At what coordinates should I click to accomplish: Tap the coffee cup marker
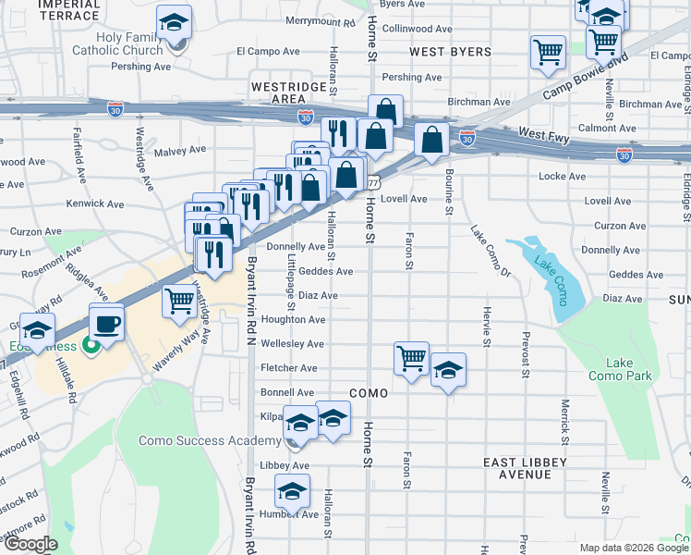105,323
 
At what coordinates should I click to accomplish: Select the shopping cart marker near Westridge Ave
179,301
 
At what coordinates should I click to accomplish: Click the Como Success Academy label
197,440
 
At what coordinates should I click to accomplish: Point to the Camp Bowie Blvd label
585,76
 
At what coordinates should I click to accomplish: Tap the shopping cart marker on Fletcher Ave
411,358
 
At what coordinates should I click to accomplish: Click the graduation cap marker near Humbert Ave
293,490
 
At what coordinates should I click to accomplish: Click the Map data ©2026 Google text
633,548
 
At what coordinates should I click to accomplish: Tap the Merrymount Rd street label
320,20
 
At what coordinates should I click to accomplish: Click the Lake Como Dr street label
491,251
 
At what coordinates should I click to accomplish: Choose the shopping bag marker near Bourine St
431,140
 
